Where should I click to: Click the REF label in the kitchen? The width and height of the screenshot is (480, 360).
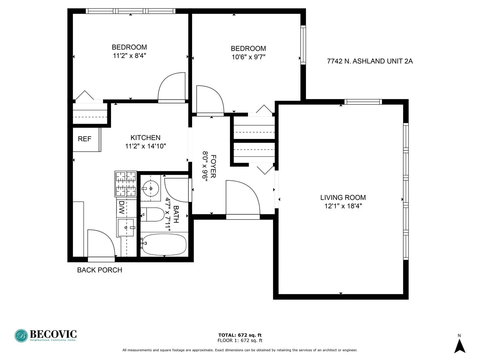click(x=84, y=139)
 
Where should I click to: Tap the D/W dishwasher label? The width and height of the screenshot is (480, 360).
click(x=122, y=207)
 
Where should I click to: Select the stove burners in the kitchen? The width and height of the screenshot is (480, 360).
click(x=126, y=184)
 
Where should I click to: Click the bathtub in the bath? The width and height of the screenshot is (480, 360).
click(x=164, y=244)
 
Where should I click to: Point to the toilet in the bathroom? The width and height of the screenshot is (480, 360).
click(x=152, y=214)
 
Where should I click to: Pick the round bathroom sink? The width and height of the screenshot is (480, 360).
click(x=151, y=189)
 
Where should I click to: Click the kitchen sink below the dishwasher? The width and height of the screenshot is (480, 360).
click(x=126, y=228)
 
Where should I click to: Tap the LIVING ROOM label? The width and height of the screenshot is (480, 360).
click(x=343, y=198)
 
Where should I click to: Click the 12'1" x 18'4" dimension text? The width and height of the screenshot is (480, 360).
click(x=343, y=206)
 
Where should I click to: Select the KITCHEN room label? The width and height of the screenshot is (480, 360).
click(x=145, y=138)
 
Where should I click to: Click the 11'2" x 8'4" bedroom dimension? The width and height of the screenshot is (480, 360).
click(x=129, y=56)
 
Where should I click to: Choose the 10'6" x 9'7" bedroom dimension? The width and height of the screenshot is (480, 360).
click(x=248, y=57)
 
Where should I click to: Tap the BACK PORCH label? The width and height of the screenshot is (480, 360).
click(x=99, y=270)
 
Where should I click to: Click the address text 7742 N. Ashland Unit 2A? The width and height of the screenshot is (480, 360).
click(x=370, y=61)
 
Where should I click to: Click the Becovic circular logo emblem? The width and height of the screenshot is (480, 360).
click(x=21, y=336)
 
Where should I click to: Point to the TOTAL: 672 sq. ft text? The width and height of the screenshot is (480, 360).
click(x=240, y=335)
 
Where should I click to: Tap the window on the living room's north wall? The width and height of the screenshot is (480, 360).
click(x=363, y=102)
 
